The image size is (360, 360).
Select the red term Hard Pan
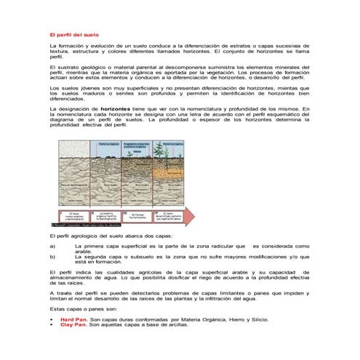click(x=73, y=320)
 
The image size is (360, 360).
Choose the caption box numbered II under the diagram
click(x=103, y=217)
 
